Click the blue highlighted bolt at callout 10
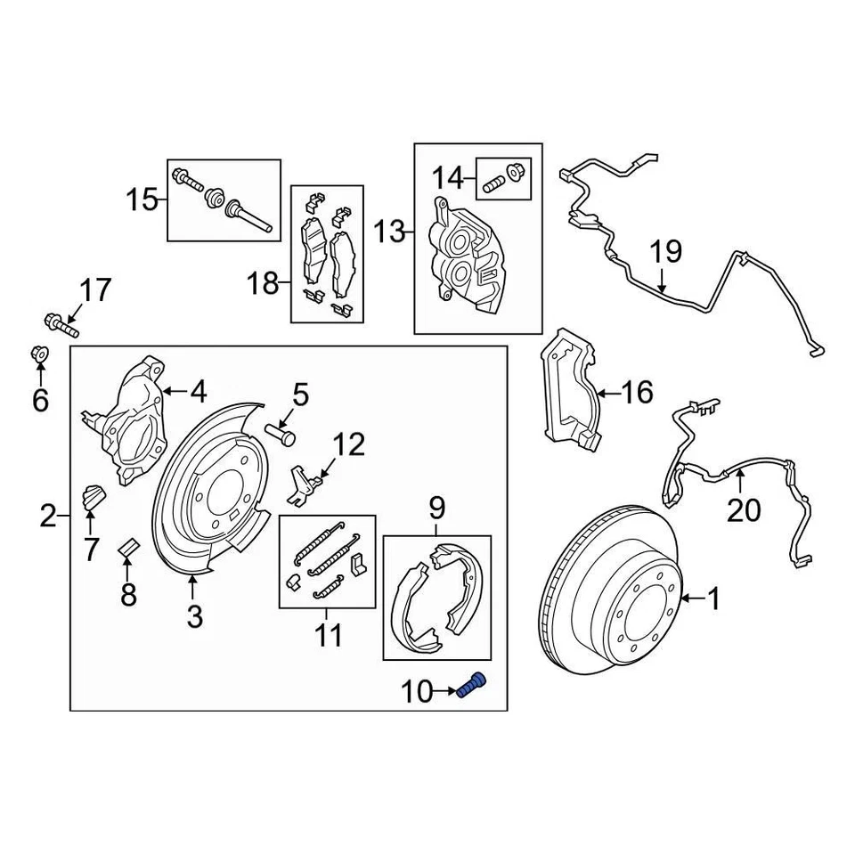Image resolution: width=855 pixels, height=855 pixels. [474, 687]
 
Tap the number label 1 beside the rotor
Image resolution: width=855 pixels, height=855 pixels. [712, 600]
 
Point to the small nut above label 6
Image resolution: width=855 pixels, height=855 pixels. [39, 355]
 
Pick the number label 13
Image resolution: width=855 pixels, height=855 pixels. [388, 233]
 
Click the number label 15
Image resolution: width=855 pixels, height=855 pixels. [141, 199]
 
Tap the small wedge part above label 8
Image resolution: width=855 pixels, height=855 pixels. [127, 547]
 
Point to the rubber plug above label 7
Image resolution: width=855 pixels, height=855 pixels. [93, 495]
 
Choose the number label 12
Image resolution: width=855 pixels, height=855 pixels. [349, 444]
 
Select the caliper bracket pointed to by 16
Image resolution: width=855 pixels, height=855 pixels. [568, 387]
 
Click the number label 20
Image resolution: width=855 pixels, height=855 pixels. [744, 510]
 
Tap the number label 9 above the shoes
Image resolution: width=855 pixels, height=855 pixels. [436, 509]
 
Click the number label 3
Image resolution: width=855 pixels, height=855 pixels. [194, 615]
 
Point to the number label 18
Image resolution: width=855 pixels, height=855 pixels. [263, 285]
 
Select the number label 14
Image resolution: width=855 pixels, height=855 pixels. [449, 178]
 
